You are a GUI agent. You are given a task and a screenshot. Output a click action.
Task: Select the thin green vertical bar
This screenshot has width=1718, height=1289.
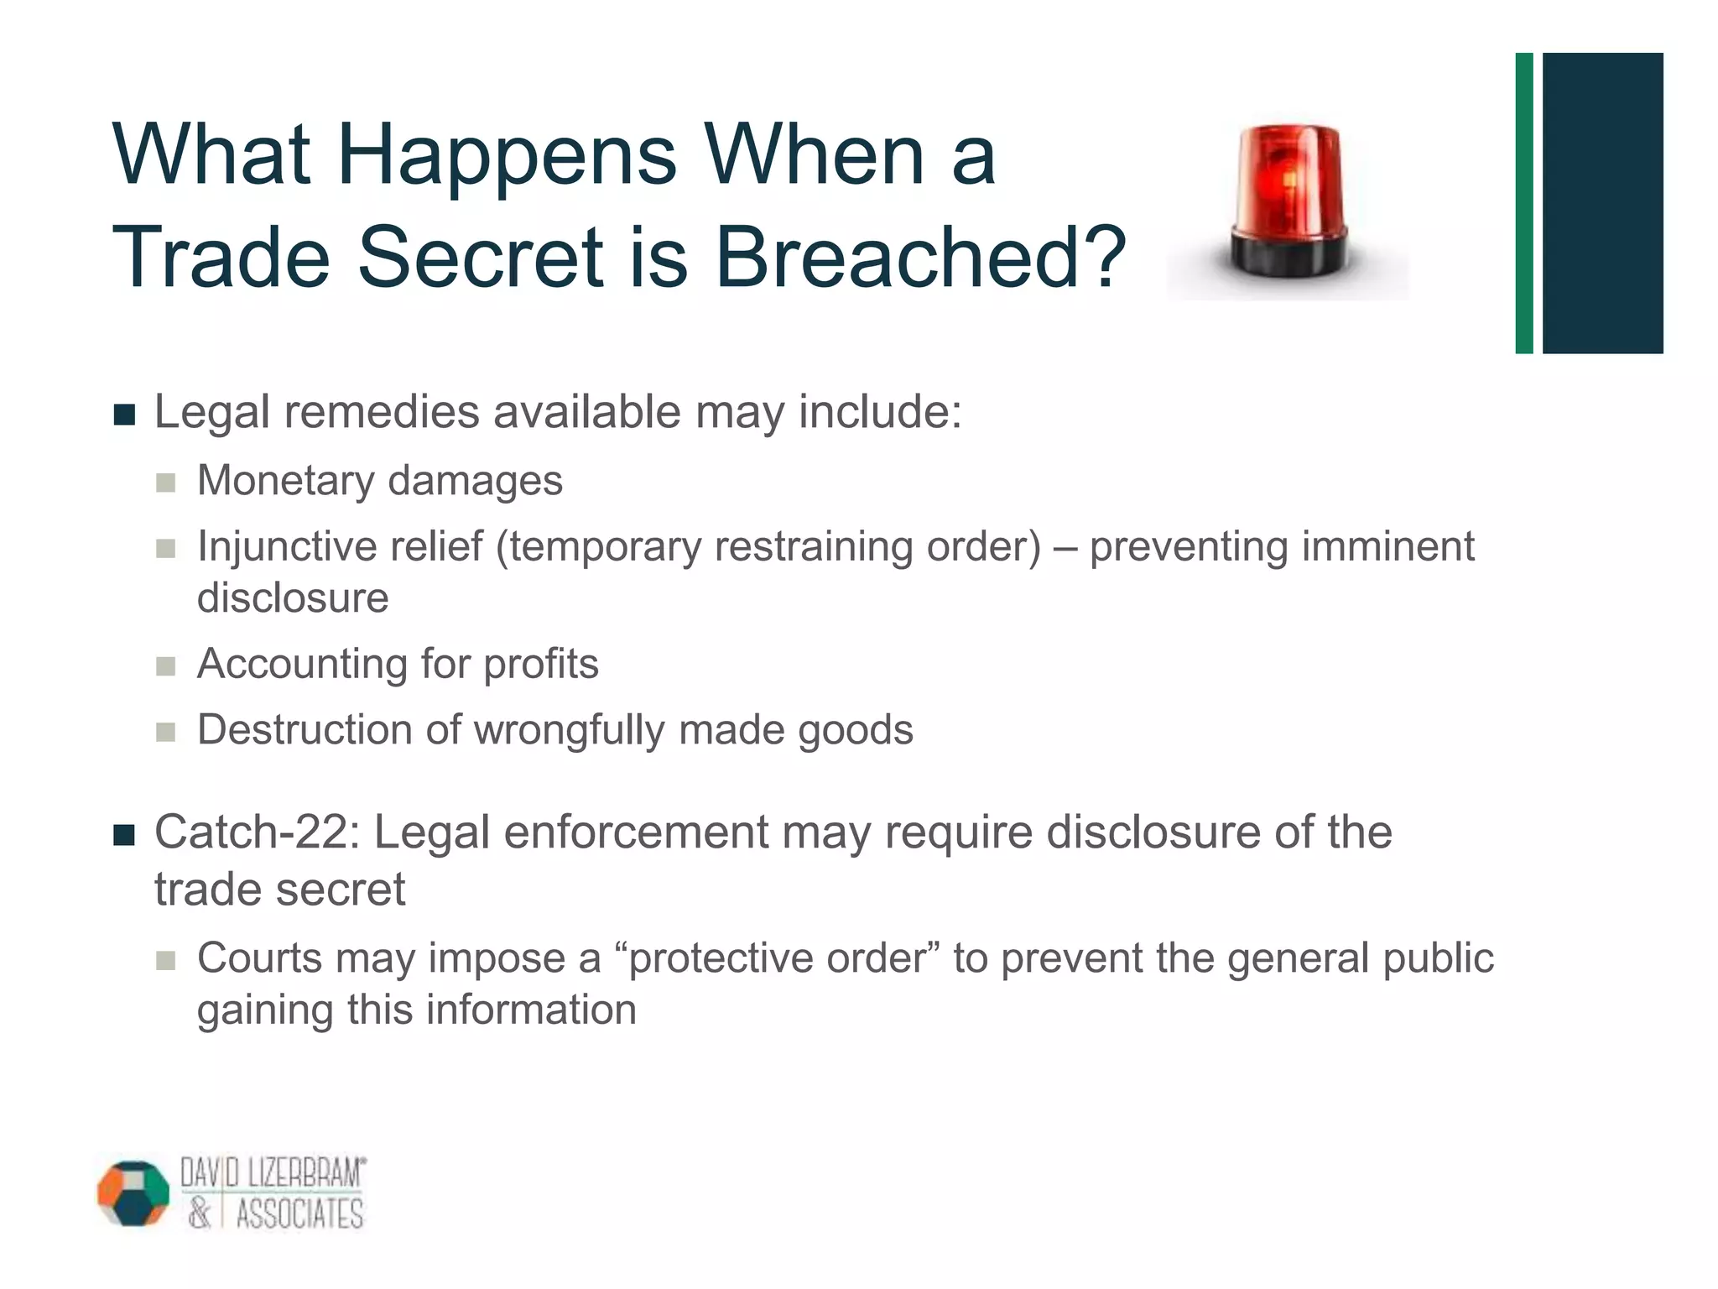[x=1523, y=203]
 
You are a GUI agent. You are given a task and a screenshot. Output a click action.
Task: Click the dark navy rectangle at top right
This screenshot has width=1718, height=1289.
[x=1602, y=203]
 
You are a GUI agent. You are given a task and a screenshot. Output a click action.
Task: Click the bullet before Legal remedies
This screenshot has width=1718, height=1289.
[x=124, y=415]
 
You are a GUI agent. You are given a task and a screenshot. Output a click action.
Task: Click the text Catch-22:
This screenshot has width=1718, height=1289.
[x=257, y=832]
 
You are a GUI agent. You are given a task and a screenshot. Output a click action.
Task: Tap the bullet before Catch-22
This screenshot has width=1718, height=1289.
[x=124, y=836]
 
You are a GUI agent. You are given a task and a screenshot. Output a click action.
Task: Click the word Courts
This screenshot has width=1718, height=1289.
[x=259, y=958]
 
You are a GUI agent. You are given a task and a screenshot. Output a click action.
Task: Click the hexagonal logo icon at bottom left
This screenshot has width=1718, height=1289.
[x=133, y=1193]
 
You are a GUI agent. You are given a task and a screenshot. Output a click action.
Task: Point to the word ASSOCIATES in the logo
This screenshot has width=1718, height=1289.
[x=299, y=1214]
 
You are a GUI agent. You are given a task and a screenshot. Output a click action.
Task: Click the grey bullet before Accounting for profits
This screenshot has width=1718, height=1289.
[x=166, y=666]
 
